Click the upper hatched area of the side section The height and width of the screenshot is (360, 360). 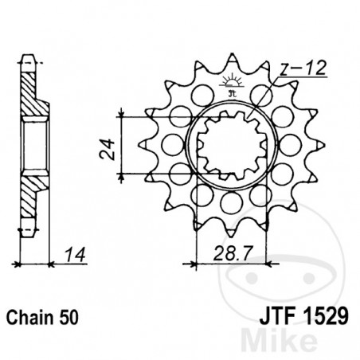tap(30, 93)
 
